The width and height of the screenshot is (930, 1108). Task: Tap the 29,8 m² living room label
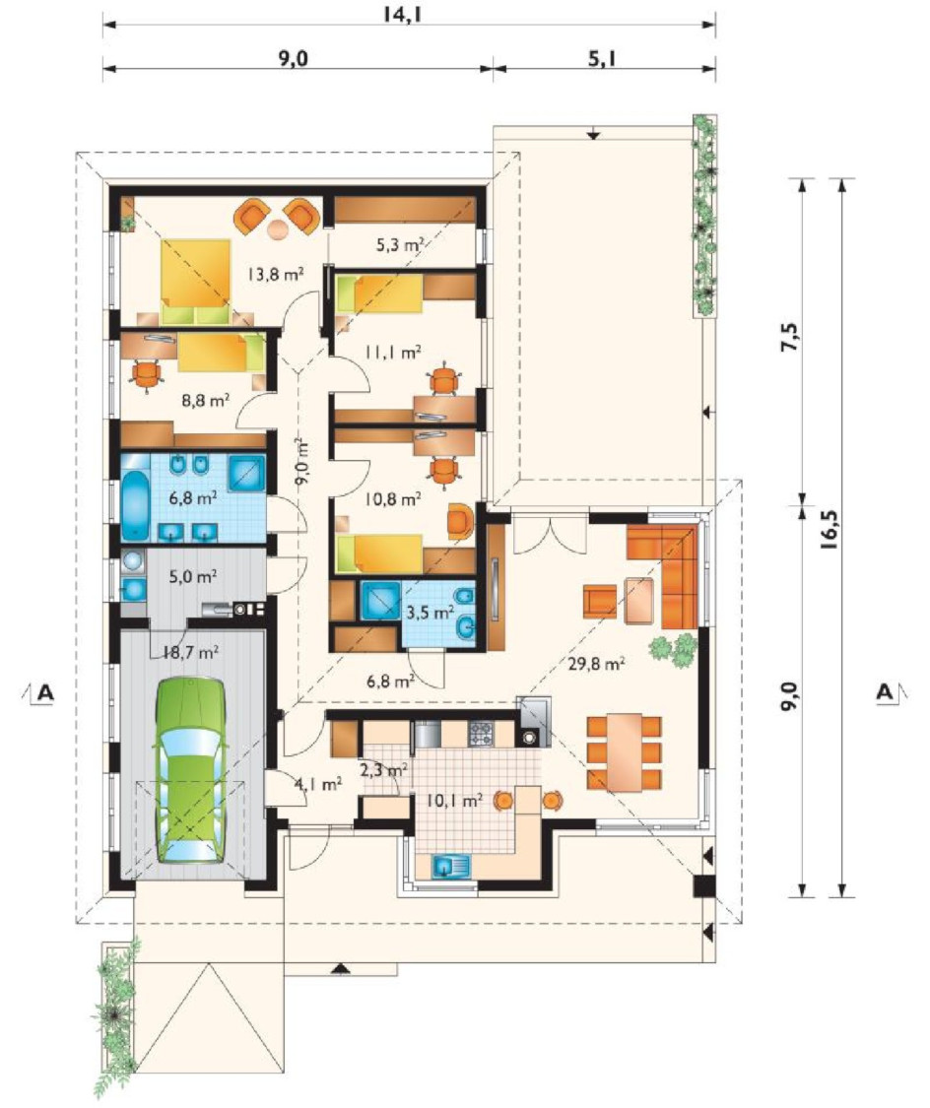[596, 663]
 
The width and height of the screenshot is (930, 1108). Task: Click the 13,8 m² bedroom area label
[276, 273]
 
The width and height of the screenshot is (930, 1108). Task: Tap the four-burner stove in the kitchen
[481, 734]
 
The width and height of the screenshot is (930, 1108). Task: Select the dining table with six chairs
[624, 752]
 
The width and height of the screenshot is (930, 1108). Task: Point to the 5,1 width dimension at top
[602, 58]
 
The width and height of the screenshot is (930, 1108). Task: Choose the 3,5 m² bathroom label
[430, 612]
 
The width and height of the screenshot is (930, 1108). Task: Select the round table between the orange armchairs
[278, 228]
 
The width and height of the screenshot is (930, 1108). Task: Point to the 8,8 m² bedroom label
[206, 401]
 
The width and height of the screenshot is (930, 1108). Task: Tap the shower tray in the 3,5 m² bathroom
[380, 601]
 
